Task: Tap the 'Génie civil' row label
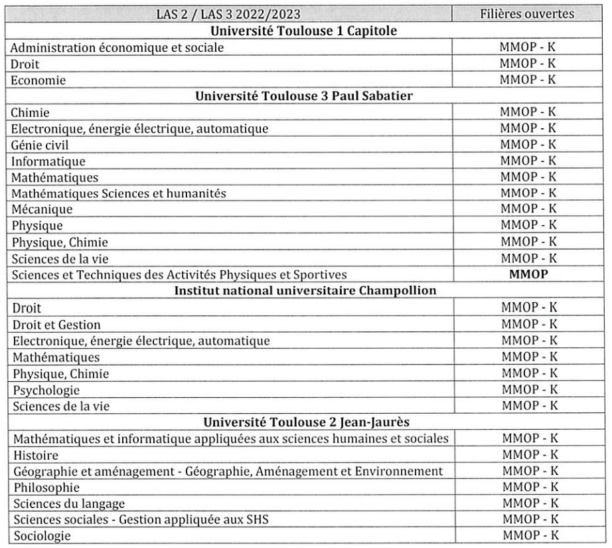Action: [x=41, y=145]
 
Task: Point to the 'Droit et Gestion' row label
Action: [x=56, y=325]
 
